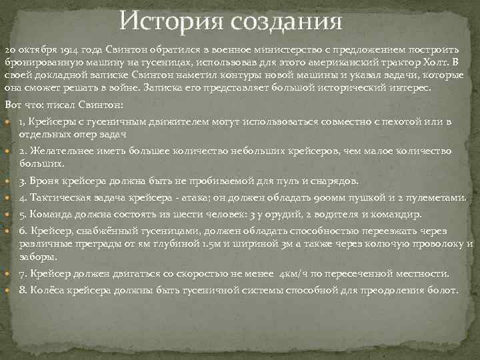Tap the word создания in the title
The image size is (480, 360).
[x=288, y=21]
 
